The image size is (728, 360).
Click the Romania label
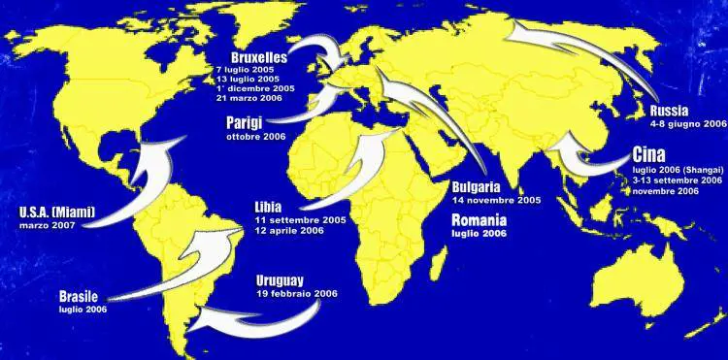pyautogui.click(x=479, y=220)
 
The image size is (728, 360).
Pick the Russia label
pyautogui.click(x=673, y=110)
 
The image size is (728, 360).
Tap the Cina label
pyautogui.click(x=647, y=155)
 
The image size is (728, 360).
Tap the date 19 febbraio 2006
pyautogui.click(x=296, y=292)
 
